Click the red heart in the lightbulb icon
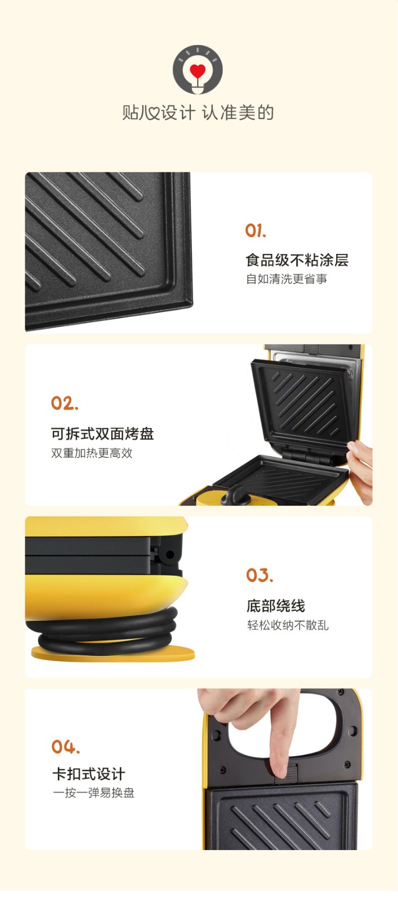(x=197, y=71)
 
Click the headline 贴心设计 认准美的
(x=198, y=112)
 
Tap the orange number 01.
(x=256, y=231)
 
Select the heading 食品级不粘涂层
(x=297, y=260)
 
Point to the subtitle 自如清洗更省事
(x=287, y=279)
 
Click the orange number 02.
(x=65, y=403)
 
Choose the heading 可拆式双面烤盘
(x=103, y=433)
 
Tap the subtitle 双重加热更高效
(x=92, y=453)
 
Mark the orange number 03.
(x=260, y=575)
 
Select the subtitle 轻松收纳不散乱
(x=288, y=625)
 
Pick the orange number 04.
(x=66, y=747)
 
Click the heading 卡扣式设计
(x=89, y=774)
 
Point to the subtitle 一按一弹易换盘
(x=94, y=793)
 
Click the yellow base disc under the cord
(x=113, y=653)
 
